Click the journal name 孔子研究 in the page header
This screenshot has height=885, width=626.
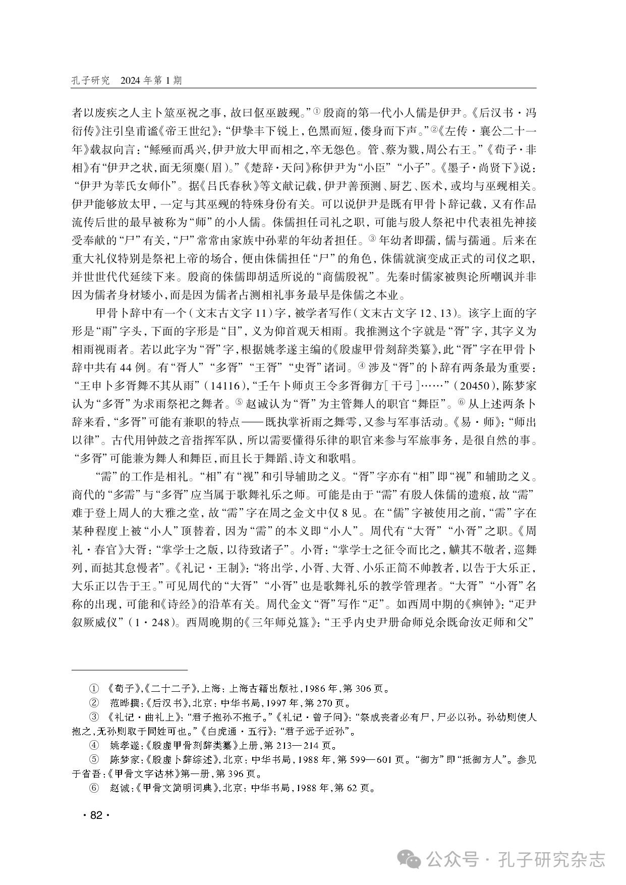tap(91, 81)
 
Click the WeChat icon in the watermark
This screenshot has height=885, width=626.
tap(410, 859)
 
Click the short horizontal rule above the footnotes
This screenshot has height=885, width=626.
tap(130, 670)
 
